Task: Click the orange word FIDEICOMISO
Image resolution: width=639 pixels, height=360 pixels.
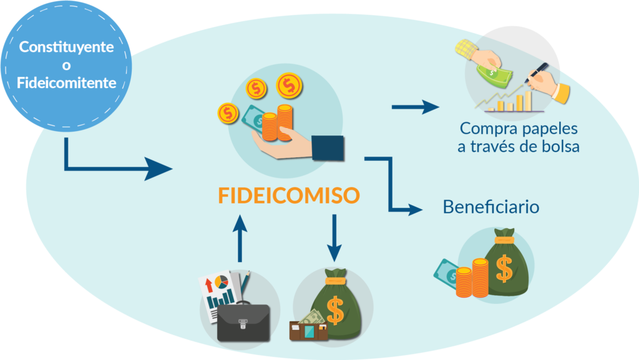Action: (289, 195)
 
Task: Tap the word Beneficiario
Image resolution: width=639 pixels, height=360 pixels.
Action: (491, 207)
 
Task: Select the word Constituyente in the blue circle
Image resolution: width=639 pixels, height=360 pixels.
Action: (66, 47)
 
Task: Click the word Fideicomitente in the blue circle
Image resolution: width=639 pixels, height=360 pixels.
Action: (66, 83)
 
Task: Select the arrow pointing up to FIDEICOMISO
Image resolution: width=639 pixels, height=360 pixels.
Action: (240, 238)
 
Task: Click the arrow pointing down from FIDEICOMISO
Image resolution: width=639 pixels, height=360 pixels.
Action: (334, 238)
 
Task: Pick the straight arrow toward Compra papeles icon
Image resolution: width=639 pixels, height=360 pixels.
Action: (415, 107)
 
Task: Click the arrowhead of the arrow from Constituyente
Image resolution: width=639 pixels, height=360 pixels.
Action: (159, 168)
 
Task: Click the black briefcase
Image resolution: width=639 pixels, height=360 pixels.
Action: (243, 321)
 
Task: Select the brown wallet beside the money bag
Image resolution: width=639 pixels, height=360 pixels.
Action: (308, 331)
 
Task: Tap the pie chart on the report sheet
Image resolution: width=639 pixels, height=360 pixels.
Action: (222, 282)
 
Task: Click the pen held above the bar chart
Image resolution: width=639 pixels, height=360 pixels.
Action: (537, 72)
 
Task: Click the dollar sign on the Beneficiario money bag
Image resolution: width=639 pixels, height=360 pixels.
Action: (504, 269)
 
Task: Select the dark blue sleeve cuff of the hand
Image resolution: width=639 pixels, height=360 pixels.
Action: (328, 148)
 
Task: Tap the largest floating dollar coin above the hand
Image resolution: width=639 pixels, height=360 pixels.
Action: (289, 85)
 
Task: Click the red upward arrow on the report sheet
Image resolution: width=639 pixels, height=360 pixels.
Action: (208, 285)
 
